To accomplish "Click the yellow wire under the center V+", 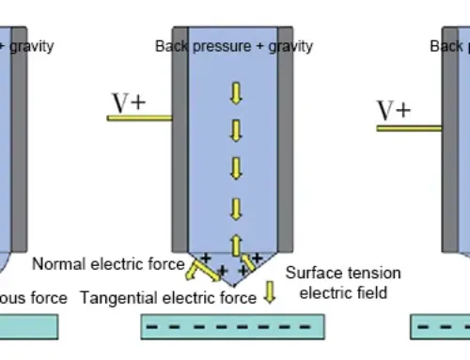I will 139,117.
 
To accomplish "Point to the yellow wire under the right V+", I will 408,128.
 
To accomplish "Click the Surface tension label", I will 343,274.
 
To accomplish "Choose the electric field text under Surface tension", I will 335,292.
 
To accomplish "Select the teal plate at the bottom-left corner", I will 28,326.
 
